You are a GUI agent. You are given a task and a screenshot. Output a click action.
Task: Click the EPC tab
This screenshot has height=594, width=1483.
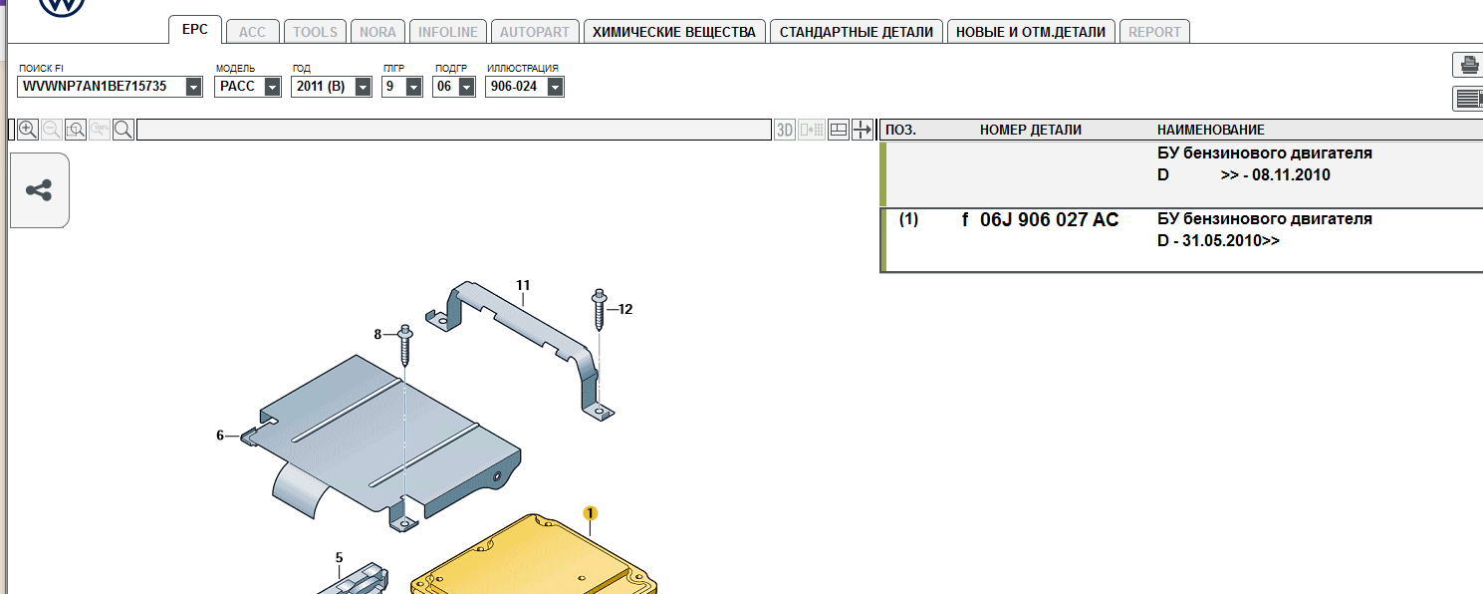pos(194,30)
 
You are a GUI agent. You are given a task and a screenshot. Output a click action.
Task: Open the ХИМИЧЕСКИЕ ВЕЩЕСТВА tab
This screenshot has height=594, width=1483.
pos(674,32)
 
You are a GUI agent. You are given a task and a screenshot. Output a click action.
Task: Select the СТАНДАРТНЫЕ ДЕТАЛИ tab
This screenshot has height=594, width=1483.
pos(856,32)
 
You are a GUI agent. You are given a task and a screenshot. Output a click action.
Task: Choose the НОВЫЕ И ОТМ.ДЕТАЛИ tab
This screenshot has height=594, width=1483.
pos(1031,32)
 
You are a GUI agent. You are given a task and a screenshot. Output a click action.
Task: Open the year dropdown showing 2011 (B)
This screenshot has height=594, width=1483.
pos(331,87)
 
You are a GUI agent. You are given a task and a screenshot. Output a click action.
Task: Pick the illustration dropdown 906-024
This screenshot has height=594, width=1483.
pos(524,87)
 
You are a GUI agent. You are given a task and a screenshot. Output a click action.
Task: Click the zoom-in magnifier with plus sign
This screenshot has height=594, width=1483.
pos(28,130)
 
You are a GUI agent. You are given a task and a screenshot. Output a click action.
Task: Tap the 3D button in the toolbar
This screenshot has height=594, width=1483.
pos(785,130)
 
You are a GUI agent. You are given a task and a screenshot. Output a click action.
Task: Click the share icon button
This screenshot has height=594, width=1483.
pos(39,190)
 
